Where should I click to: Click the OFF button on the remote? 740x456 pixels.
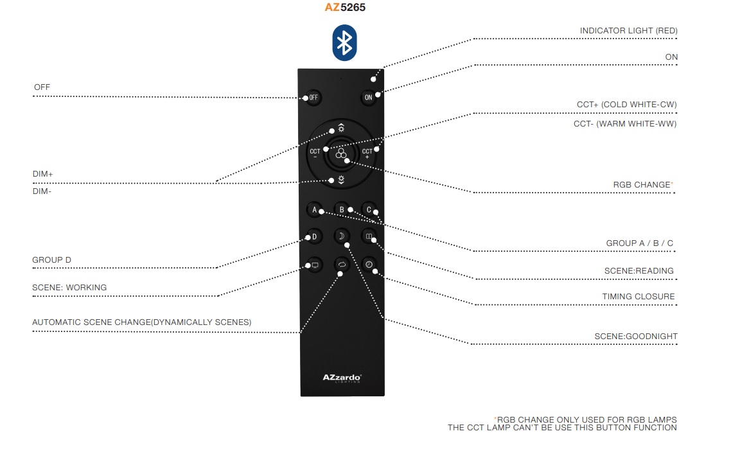pos(313,98)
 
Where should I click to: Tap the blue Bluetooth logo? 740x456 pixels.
pos(344,43)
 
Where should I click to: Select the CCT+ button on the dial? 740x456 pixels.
pos(367,153)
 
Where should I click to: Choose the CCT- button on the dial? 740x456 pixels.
pos(315,153)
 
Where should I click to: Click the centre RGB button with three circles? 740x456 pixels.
pos(340,153)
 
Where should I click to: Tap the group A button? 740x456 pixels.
pos(314,209)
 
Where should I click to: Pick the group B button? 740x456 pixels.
pos(342,209)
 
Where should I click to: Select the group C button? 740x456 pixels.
pos(369,209)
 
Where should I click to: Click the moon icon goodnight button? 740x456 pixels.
pos(342,236)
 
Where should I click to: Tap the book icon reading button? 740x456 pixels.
pos(369,236)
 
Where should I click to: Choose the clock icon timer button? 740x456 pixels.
pos(369,265)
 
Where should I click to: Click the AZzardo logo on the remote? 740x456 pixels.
pos(342,378)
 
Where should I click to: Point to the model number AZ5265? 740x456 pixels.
pos(345,7)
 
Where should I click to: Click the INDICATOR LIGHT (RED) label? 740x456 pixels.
pos(629,31)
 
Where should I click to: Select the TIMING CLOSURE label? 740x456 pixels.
pos(639,297)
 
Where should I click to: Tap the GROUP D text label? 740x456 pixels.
pos(51,260)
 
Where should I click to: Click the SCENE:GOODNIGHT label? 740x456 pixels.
pos(636,337)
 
